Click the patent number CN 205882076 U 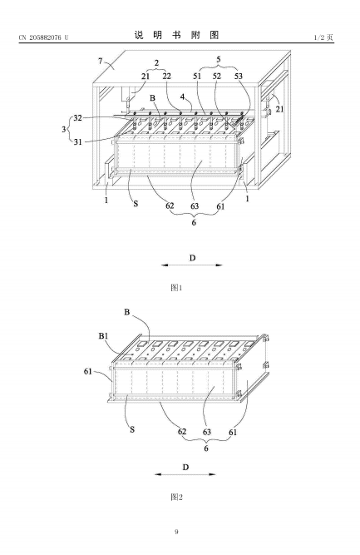(x=43, y=37)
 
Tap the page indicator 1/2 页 (x=323, y=37)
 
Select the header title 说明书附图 (x=176, y=35)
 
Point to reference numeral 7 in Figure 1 (x=101, y=61)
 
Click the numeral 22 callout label (x=166, y=76)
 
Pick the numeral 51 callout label (x=197, y=76)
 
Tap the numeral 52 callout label (x=217, y=76)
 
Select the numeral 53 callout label (x=239, y=76)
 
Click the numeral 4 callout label (x=182, y=97)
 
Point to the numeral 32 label (x=77, y=118)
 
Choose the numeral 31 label (x=78, y=142)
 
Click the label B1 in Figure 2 (x=103, y=335)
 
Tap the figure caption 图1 (x=176, y=287)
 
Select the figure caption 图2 (x=176, y=497)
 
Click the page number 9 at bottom (x=176, y=532)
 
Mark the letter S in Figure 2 (x=132, y=429)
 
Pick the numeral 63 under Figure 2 (x=207, y=432)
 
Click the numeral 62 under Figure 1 (x=170, y=206)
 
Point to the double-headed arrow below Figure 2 (x=185, y=474)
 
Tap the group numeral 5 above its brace (x=219, y=59)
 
